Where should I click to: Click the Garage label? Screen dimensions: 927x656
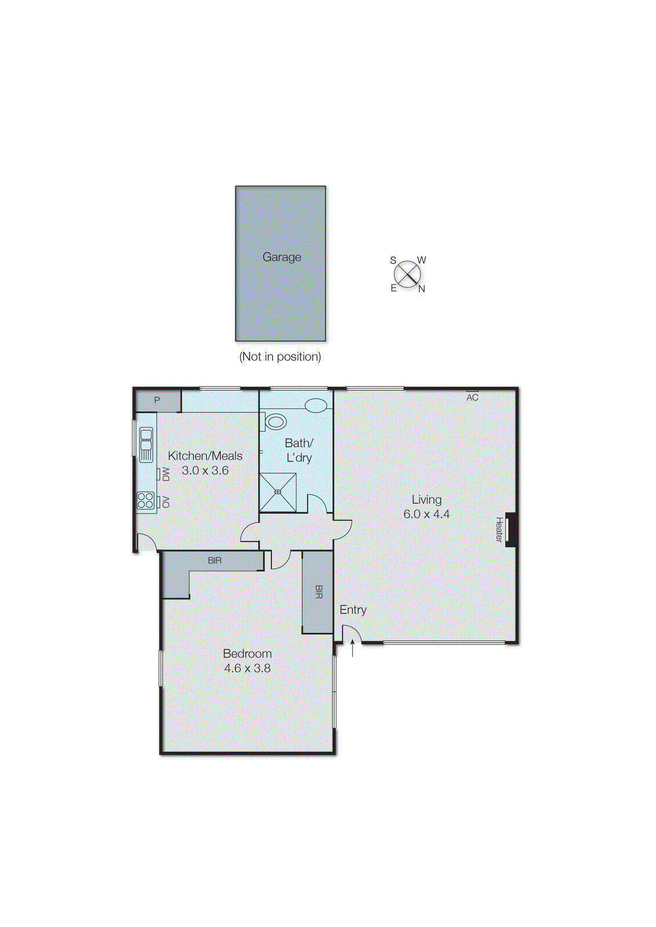(282, 257)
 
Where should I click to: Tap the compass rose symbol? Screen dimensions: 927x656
(408, 274)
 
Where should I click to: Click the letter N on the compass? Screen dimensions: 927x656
(422, 289)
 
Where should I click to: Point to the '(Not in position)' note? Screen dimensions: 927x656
(280, 356)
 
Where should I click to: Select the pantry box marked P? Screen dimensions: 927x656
(157, 400)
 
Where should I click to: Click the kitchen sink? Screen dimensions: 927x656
(146, 444)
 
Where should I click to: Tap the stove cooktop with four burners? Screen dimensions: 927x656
(146, 501)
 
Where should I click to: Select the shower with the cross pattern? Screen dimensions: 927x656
(277, 492)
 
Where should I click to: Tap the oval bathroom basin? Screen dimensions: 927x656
(316, 405)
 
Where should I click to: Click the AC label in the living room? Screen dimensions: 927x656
(472, 397)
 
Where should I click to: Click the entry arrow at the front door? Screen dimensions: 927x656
(353, 647)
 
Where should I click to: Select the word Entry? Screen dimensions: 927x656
(353, 610)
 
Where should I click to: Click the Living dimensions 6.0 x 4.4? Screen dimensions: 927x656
(427, 514)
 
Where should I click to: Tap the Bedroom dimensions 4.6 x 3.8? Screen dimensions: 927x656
(247, 668)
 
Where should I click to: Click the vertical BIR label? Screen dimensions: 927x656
(318, 592)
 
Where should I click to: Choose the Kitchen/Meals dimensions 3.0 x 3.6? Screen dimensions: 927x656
(205, 470)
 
